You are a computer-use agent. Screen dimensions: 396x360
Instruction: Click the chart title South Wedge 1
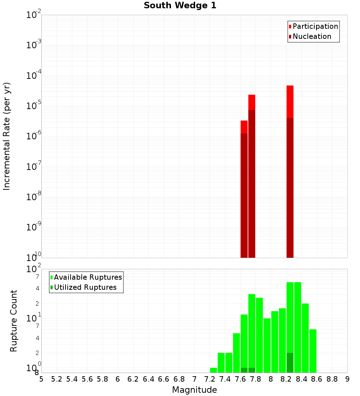(180, 6)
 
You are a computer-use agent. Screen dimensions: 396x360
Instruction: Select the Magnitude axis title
(194, 390)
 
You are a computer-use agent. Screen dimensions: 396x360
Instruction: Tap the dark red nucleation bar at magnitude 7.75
(252, 184)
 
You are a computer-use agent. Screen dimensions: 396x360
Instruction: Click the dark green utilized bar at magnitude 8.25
(290, 363)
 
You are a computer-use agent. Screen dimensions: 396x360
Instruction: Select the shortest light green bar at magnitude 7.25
(213, 370)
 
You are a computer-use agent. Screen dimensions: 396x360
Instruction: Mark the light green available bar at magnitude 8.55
(313, 351)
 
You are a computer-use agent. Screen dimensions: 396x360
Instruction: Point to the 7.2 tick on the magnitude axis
(210, 379)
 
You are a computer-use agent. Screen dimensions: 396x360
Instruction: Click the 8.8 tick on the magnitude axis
(332, 379)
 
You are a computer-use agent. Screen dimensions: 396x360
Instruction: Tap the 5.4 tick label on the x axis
(72, 379)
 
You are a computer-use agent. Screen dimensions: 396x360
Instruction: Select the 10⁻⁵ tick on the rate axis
(34, 105)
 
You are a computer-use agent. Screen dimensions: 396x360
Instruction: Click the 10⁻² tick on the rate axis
(34, 15)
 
